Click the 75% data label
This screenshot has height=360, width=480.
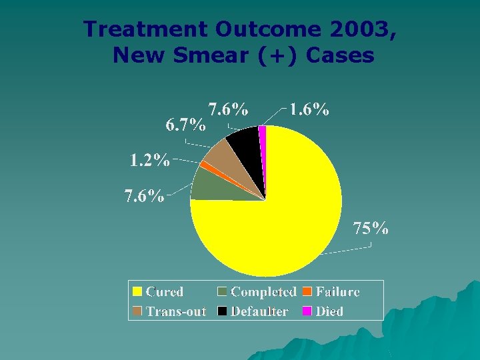point(371,229)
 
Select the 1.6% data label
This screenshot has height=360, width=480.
point(309,110)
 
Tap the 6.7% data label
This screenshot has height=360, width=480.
point(185,125)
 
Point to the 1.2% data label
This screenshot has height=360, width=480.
point(149,161)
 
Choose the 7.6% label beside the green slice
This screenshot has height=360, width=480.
point(144,197)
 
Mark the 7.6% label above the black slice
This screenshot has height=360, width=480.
point(229,109)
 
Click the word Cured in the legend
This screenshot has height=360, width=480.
point(165,292)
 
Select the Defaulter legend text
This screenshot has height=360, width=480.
point(259,311)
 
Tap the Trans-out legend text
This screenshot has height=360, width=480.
point(176,311)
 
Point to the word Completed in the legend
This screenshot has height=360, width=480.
point(263,292)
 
